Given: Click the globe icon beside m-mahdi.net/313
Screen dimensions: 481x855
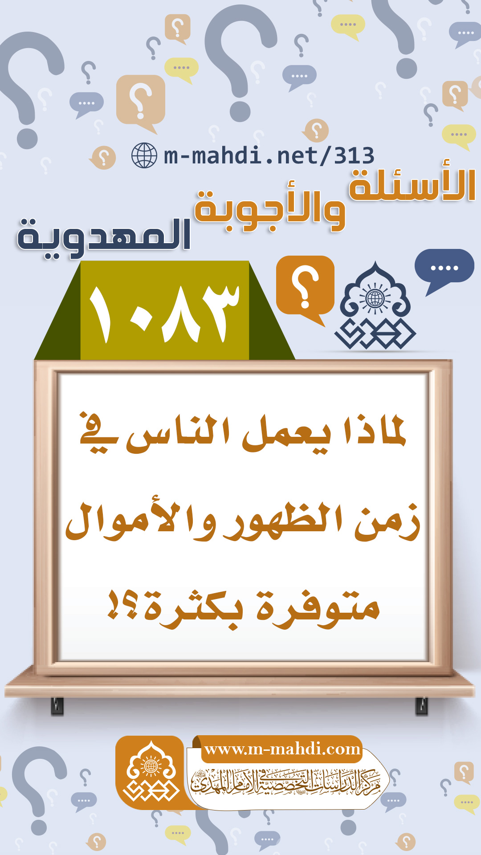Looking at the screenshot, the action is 144,155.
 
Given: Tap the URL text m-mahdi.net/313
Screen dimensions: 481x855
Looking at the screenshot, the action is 269,155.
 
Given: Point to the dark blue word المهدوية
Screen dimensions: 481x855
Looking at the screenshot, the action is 104,236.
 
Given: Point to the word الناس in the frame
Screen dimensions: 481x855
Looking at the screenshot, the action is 178,434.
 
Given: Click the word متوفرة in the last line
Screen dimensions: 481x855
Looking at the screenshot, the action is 318,608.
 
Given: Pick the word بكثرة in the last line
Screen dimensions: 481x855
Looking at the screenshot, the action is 194,608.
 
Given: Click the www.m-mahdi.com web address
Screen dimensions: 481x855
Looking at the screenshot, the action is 282,749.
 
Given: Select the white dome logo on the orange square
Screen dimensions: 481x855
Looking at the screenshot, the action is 151,772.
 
